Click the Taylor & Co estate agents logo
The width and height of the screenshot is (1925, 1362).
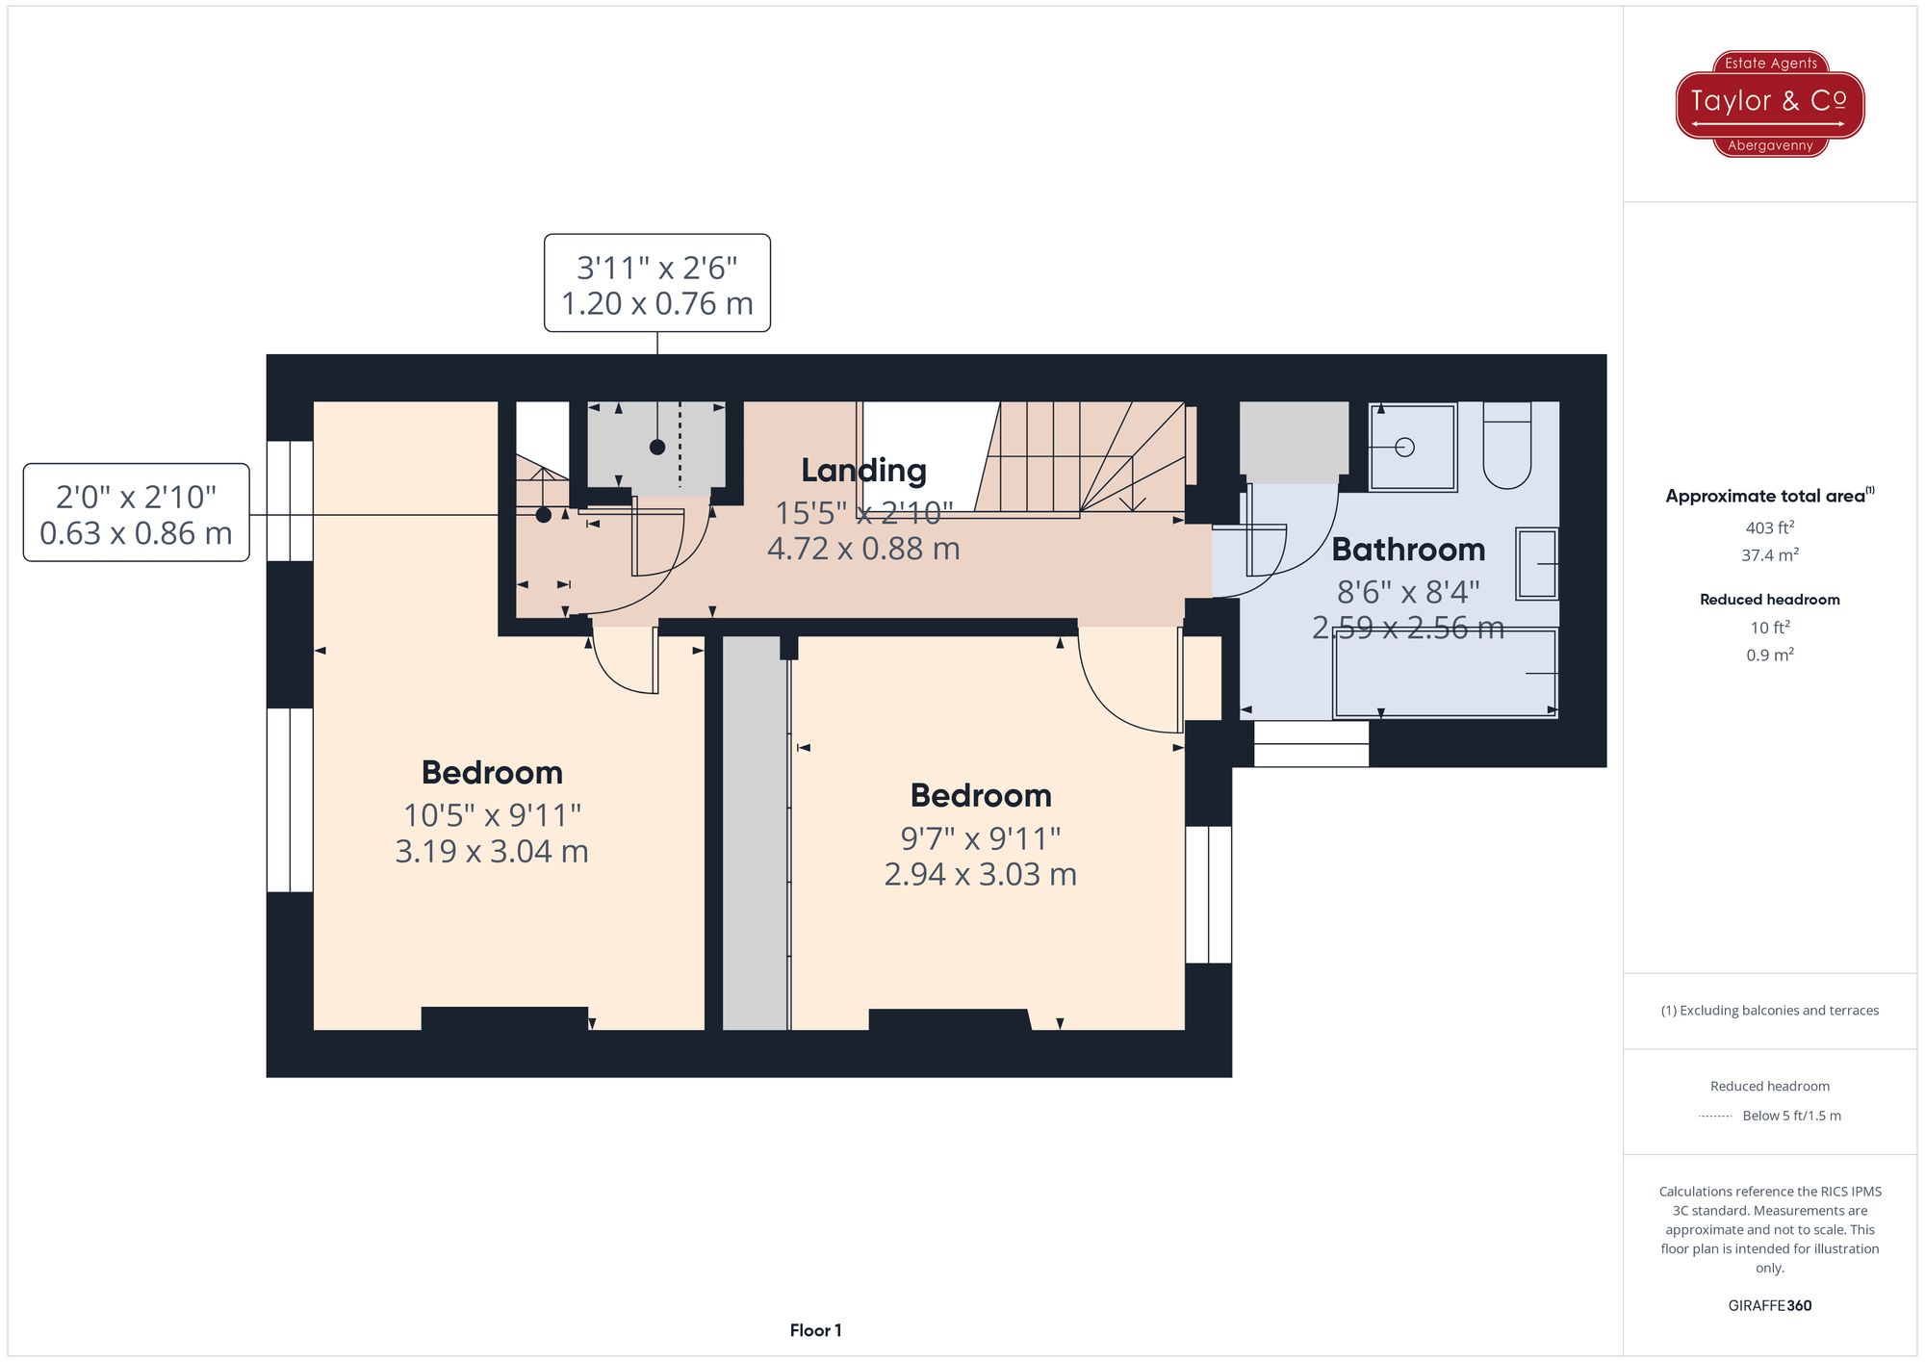1769,103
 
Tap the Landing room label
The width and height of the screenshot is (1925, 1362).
863,470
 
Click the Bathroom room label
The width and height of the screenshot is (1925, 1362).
1408,550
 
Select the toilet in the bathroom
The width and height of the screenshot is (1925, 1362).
1506,447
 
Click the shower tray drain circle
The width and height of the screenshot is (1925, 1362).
1404,447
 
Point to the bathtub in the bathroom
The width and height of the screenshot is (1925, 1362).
1444,673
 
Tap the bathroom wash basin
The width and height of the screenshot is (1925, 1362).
1536,564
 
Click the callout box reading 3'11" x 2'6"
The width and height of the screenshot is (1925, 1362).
656,284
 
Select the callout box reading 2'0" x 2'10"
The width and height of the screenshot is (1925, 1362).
136,513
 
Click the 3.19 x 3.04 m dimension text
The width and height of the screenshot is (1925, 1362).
491,852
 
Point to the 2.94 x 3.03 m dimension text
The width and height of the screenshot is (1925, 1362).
980,875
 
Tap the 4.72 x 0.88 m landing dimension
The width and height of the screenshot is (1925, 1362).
863,549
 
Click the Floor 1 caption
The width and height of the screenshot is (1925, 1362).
815,1330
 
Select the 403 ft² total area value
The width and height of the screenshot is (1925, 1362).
1769,527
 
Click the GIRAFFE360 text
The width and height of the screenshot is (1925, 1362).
1769,1306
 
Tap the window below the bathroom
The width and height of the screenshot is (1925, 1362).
1311,744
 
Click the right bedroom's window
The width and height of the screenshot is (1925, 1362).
1208,894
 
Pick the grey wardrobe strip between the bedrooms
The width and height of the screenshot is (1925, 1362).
755,833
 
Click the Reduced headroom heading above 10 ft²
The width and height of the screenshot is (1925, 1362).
1769,600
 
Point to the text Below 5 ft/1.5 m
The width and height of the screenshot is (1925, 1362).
1791,1116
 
